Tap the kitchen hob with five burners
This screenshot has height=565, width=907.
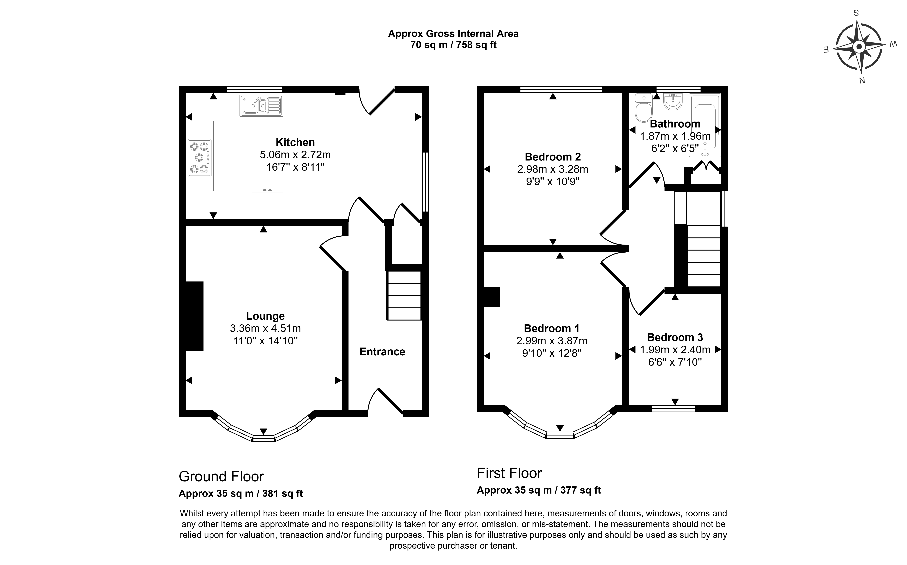(x=199, y=158)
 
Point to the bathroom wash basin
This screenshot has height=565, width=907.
(x=673, y=102)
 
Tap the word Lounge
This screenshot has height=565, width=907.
(x=266, y=316)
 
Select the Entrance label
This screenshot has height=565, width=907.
(x=382, y=352)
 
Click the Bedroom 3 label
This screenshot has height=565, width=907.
(x=675, y=338)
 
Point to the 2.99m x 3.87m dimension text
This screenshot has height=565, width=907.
(x=552, y=341)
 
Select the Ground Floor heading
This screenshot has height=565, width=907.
(x=221, y=476)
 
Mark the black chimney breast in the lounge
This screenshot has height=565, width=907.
(x=194, y=316)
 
